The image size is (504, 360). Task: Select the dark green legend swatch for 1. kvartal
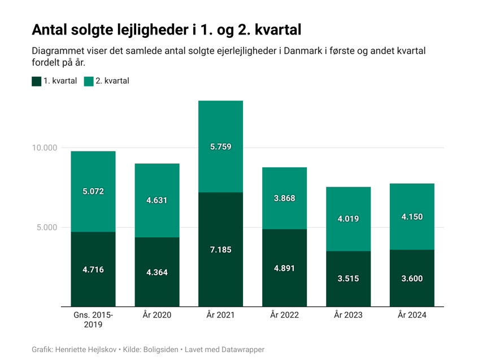pyautogui.click(x=37, y=81)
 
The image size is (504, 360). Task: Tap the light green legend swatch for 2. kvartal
pyautogui.click(x=89, y=81)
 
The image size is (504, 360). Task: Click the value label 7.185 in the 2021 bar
pyautogui.click(x=220, y=250)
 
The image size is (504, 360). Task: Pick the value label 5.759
pyautogui.click(x=220, y=147)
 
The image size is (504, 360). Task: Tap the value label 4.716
pyautogui.click(x=93, y=270)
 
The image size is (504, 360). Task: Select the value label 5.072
pyautogui.click(x=93, y=192)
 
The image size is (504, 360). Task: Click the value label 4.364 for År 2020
pyautogui.click(x=157, y=272)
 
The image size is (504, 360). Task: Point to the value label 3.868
pyautogui.click(x=284, y=198)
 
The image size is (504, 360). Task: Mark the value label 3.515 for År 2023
pyautogui.click(x=348, y=279)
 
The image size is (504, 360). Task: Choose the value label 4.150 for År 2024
pyautogui.click(x=412, y=217)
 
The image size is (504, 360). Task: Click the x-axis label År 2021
pyautogui.click(x=220, y=315)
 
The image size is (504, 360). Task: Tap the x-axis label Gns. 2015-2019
pyautogui.click(x=93, y=319)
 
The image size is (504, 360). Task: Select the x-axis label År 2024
pyautogui.click(x=412, y=315)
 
